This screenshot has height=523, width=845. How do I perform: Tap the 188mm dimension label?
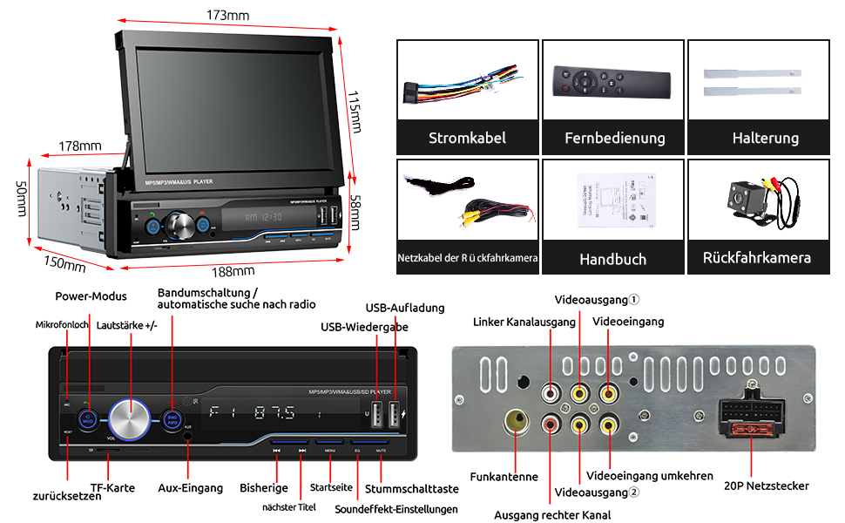point(233,271)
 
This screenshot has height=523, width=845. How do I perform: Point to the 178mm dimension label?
point(80,146)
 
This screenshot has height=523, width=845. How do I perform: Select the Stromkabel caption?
point(467,138)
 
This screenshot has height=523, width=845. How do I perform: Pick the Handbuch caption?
point(612,259)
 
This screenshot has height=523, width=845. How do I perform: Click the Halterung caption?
point(765,138)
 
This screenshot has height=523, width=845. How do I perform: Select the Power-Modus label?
point(91,296)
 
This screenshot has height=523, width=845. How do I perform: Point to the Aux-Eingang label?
point(191,488)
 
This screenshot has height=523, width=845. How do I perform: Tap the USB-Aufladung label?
point(405,308)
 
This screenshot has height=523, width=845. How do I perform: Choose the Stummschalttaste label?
point(412,488)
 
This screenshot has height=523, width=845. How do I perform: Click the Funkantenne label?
point(504,477)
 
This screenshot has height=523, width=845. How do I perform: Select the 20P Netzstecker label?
point(767,486)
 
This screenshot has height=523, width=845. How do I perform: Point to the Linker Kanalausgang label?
point(524,322)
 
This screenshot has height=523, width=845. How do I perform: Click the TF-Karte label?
point(113,488)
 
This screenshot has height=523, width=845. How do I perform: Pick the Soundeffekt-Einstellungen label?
point(395,509)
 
